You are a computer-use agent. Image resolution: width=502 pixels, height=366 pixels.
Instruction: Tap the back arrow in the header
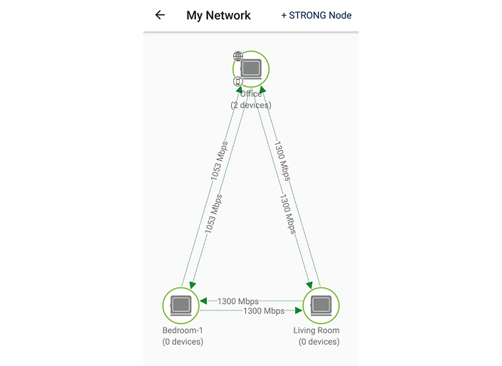coord(160,15)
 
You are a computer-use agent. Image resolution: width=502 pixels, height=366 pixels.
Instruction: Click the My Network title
coord(218,15)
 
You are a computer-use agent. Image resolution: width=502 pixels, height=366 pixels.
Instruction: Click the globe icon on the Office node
coord(238,56)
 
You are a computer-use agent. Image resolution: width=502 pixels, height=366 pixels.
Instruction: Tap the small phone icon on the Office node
coord(238,81)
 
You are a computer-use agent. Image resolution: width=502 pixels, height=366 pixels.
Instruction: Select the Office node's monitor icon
coord(251,69)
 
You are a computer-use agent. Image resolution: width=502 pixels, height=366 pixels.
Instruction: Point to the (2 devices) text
coord(251,105)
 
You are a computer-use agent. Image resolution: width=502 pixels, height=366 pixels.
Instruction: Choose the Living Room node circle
coord(322,305)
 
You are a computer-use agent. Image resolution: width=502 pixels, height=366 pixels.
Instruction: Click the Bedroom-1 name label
coord(183,330)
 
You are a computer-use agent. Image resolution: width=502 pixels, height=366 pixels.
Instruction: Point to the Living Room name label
coord(317,330)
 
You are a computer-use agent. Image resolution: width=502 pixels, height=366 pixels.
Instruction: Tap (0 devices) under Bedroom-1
coord(183,342)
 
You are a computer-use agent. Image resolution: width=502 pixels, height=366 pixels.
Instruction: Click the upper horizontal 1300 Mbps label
coord(238,301)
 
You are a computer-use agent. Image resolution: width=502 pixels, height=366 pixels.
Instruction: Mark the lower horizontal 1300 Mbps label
coord(264,311)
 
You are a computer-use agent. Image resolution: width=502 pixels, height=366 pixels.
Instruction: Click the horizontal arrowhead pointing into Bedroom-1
coord(203,301)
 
